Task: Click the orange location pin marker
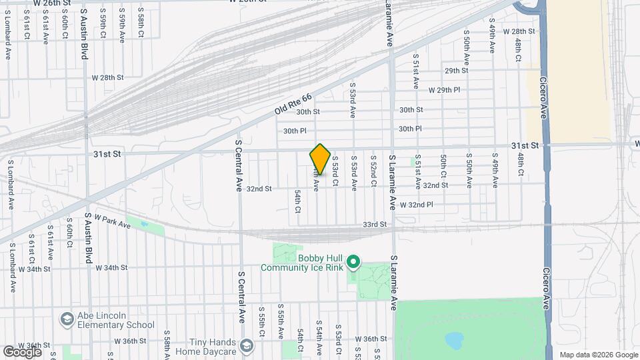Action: tap(320, 159)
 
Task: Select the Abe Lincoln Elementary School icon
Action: tap(67, 319)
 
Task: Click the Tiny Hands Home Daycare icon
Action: tap(247, 345)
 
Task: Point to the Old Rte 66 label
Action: tap(293, 106)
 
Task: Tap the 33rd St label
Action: tap(375, 225)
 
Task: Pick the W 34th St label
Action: tap(111, 268)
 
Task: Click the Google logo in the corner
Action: tap(22, 351)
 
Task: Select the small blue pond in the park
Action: tap(455, 341)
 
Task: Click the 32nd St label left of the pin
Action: tap(259, 189)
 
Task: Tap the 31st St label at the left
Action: tap(107, 153)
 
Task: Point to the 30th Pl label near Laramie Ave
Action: tap(410, 129)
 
